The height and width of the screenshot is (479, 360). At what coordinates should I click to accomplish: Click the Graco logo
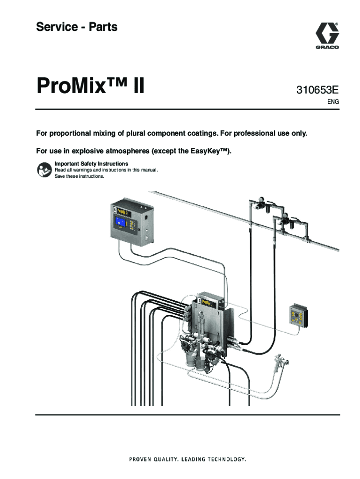point(327,36)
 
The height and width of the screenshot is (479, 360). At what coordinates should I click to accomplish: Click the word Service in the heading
point(57,27)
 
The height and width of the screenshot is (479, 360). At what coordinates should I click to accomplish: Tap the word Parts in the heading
point(103,27)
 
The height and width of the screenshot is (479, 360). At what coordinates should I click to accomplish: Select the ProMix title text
point(90,86)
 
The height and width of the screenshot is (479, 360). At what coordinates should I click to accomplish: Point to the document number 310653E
point(317,90)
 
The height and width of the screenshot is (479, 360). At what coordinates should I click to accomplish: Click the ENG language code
point(333,102)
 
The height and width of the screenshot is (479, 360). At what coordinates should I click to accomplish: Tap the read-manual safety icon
point(44,170)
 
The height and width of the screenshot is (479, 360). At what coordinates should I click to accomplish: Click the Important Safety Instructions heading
point(91,164)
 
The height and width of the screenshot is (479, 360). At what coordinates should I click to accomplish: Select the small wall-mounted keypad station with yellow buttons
point(298,315)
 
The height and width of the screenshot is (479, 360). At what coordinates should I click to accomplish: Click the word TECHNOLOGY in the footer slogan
point(227,459)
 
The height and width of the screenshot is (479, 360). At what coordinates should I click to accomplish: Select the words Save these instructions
point(79,176)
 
